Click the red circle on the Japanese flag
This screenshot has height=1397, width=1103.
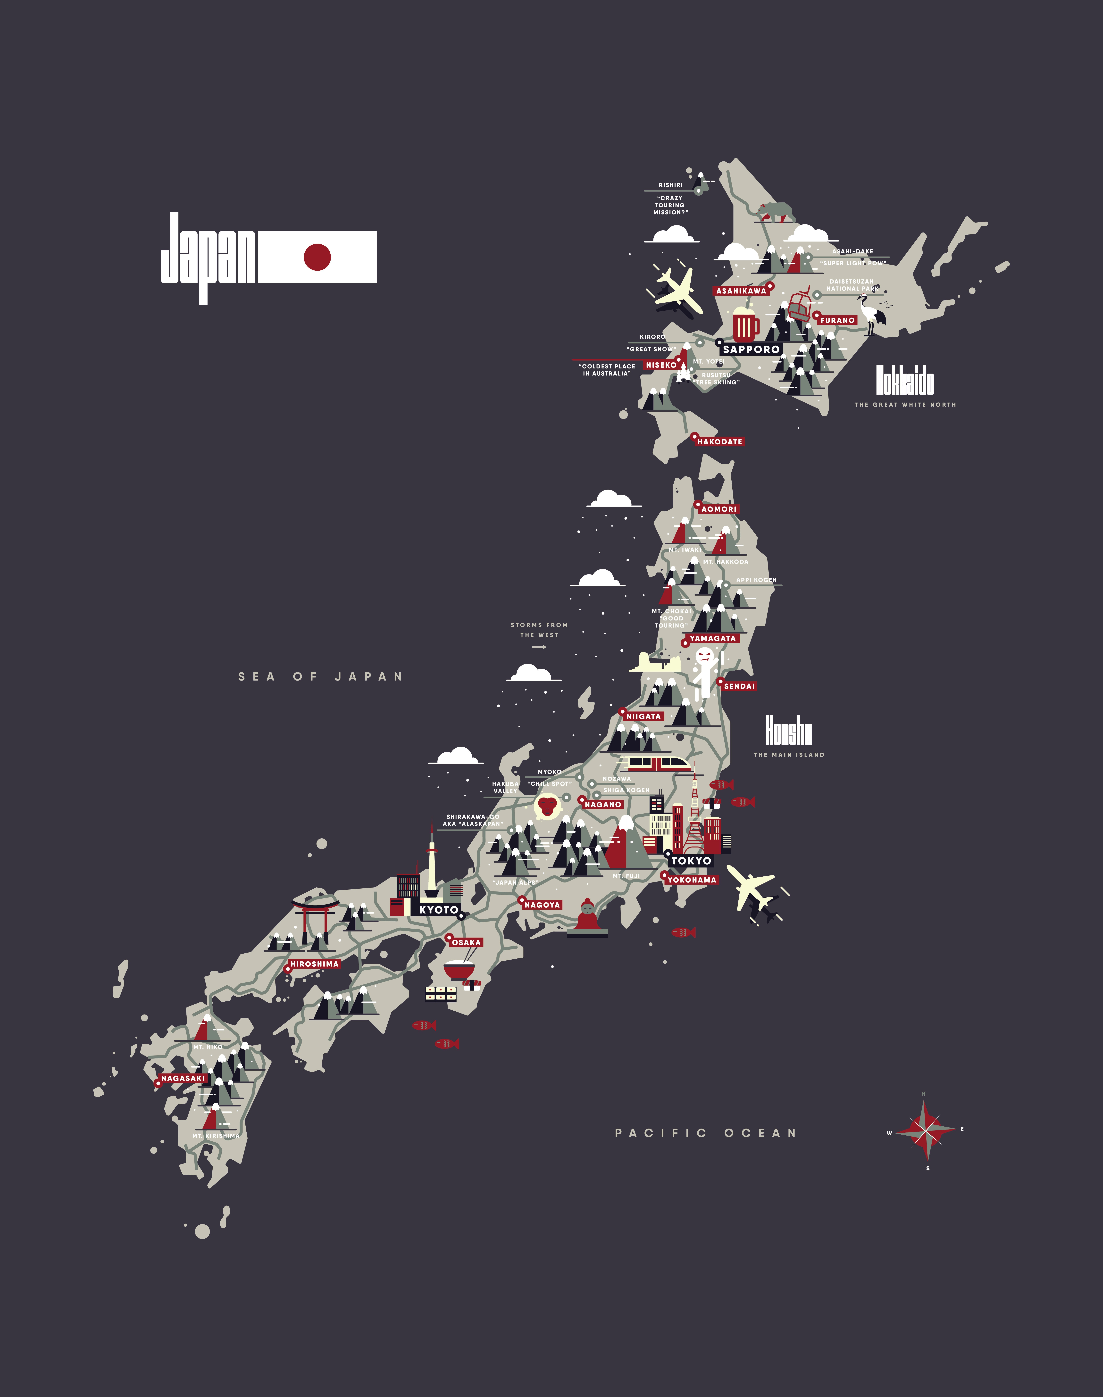[317, 257]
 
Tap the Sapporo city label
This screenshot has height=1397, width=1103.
[751, 349]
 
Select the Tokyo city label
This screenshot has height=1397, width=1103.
[691, 861]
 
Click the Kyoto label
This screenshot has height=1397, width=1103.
[438, 910]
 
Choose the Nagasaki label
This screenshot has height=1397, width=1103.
[183, 1078]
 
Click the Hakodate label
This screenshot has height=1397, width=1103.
[719, 441]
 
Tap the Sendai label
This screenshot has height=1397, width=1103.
[739, 686]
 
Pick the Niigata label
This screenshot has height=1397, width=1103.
[643, 716]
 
